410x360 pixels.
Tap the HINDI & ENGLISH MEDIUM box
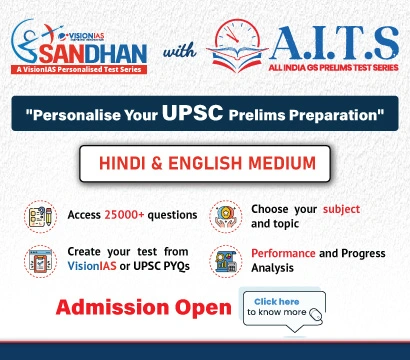(204, 164)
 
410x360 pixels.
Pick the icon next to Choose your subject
(224, 215)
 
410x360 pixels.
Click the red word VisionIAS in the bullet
(97, 268)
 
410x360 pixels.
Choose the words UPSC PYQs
(163, 268)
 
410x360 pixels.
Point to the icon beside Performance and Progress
(224, 260)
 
